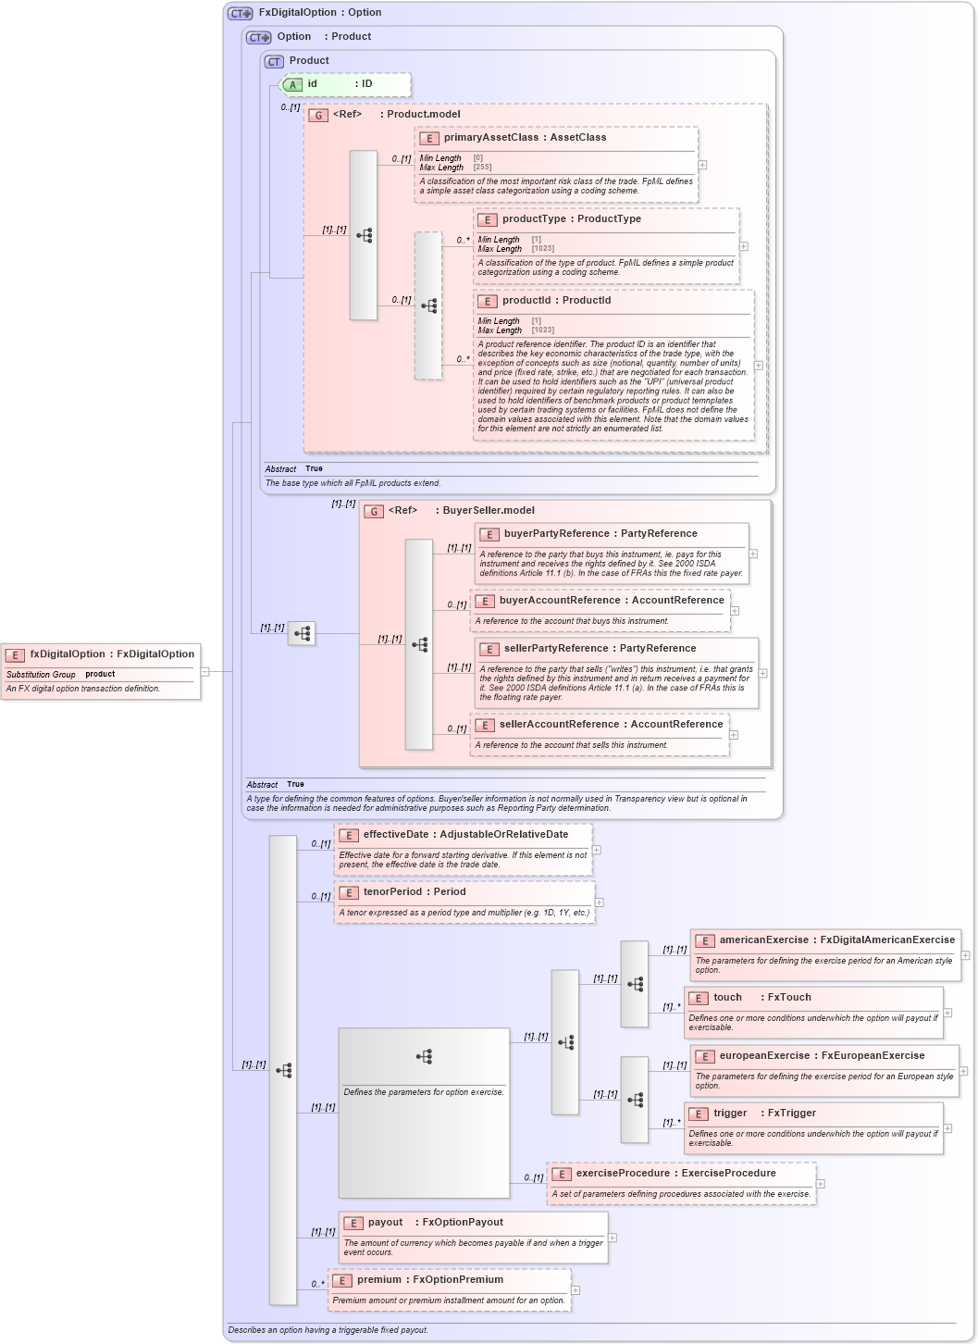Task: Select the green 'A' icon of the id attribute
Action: click(x=292, y=85)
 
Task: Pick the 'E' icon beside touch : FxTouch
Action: click(x=699, y=999)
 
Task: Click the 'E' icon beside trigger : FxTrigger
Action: click(x=699, y=1114)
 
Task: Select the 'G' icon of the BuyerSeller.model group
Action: click(x=374, y=511)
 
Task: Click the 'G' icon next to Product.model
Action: click(x=318, y=116)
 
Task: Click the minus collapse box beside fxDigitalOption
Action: click(x=205, y=671)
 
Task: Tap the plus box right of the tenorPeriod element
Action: click(x=599, y=902)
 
